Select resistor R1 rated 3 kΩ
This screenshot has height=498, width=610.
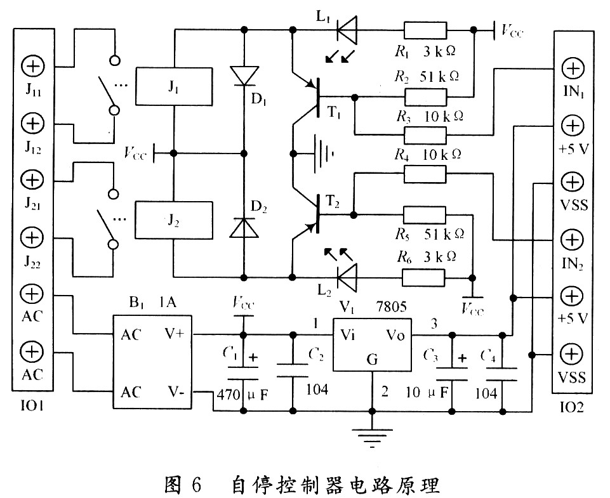pyautogui.click(x=425, y=29)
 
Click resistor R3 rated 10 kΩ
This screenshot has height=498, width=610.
pyautogui.click(x=425, y=134)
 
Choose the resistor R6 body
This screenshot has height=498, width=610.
pyautogui.click(x=425, y=277)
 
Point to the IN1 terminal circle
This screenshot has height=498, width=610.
pyautogui.click(x=573, y=69)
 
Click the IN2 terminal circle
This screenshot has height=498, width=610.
pyautogui.click(x=573, y=239)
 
